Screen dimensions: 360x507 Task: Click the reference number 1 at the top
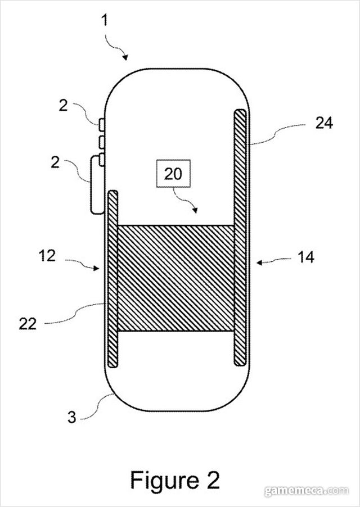104,20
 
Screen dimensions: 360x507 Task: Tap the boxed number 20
173,174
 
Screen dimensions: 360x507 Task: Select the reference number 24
324,123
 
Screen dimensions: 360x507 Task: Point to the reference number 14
306,257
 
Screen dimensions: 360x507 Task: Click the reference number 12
47,256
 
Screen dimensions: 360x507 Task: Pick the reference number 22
28,324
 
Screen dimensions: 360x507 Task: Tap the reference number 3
72,417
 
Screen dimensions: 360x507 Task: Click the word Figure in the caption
164,480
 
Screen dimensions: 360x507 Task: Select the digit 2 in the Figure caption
213,479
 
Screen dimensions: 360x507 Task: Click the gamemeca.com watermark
307,491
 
